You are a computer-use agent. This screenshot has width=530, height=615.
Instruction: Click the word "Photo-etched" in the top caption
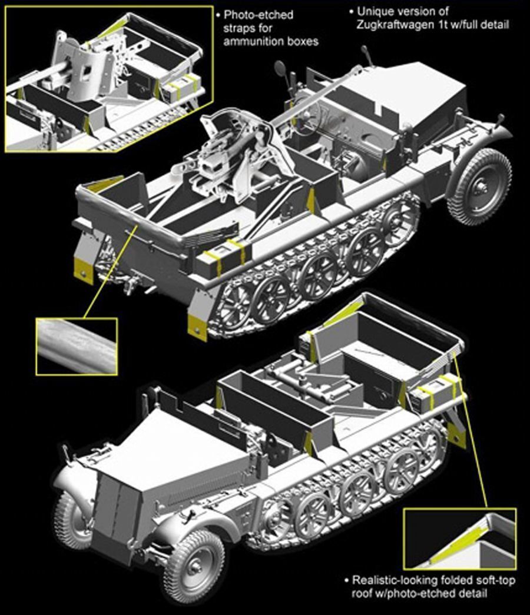pos(259,15)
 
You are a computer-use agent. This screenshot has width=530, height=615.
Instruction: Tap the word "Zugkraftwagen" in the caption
pos(397,25)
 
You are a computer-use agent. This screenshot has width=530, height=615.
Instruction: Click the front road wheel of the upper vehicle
pos(480,188)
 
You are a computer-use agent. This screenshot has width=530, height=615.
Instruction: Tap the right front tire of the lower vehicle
pos(194,566)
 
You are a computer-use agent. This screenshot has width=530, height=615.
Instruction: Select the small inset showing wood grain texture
pos(77,346)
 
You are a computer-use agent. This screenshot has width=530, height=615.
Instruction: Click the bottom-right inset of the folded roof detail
pos(460,539)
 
